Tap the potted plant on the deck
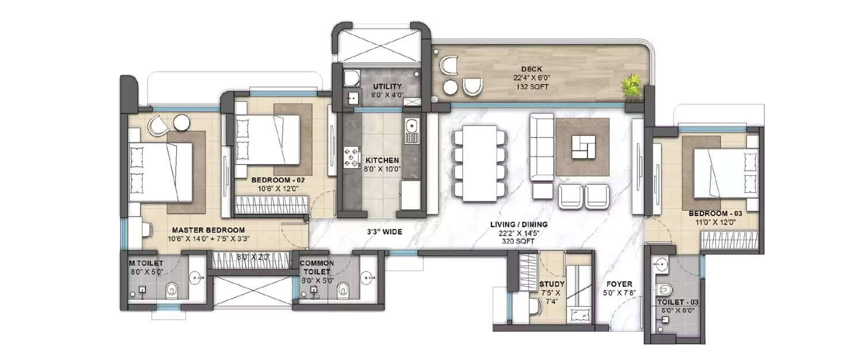(x=631, y=86)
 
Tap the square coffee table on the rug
(x=582, y=146)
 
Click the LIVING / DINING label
(x=518, y=224)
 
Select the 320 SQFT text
(x=518, y=242)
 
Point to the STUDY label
(x=552, y=284)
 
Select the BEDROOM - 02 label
(x=278, y=180)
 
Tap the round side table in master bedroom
(x=183, y=123)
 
